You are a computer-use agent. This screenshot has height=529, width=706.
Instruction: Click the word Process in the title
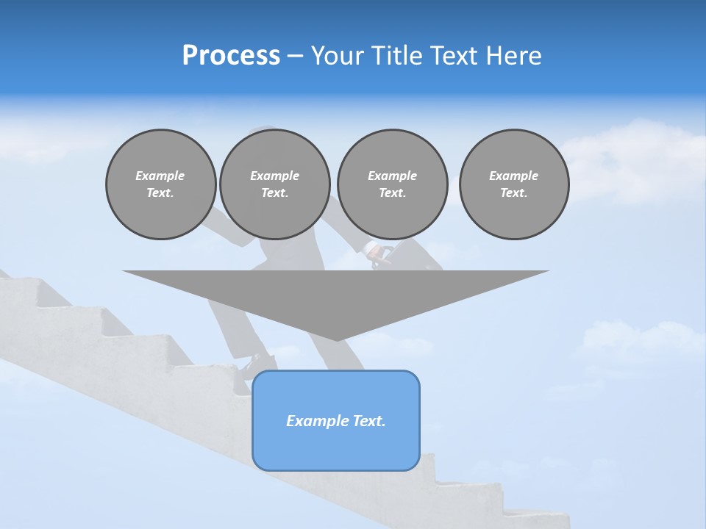[231, 56]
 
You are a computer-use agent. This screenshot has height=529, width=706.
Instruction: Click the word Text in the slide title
[456, 56]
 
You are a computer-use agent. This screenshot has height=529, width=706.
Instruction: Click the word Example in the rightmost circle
[513, 176]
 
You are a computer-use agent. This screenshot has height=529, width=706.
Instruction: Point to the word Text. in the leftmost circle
[160, 193]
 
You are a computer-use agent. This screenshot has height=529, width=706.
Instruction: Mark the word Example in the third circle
[392, 176]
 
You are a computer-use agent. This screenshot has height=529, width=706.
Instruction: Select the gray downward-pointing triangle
[336, 294]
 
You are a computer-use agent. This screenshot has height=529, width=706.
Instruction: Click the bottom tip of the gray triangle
[336, 339]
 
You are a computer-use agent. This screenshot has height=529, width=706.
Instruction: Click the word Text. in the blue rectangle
[369, 421]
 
